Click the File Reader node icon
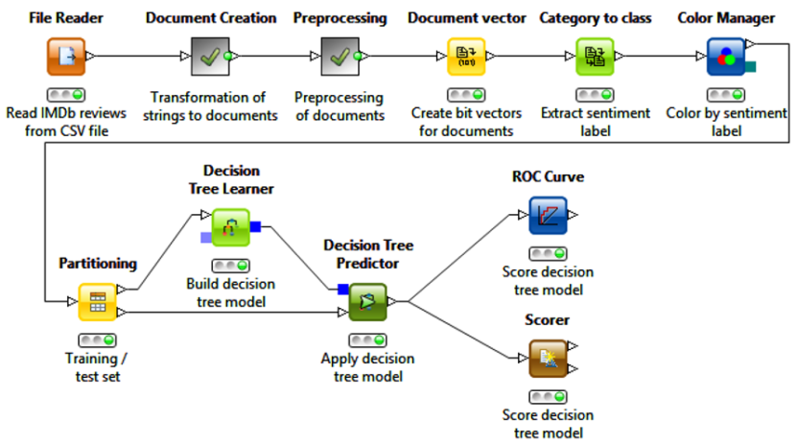coord(66,57)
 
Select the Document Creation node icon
coord(210,57)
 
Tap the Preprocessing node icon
coord(339,57)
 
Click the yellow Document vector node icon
coord(467,57)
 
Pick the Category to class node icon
coord(595,57)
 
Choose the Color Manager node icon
coord(726,57)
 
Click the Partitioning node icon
coord(97,301)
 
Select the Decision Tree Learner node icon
coord(230,227)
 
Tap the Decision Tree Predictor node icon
coord(367,301)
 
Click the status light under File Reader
coord(66,95)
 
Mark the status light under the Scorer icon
coord(548,396)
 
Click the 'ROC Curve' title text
coord(548,176)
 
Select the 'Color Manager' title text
coord(726,18)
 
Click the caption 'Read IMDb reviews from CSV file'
coord(66,122)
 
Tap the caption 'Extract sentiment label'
coord(595,122)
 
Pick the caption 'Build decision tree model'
coord(230,293)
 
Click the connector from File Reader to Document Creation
coord(139,57)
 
